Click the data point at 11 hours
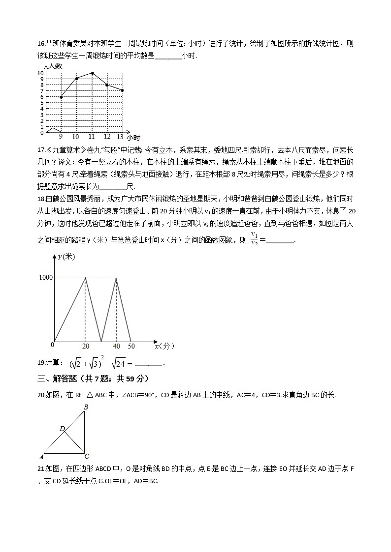coord(92,73)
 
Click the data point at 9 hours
coord(61,97)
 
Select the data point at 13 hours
coord(122,90)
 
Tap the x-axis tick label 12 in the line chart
coord(107,137)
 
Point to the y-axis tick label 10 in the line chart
coord(40,73)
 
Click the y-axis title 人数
coord(55,66)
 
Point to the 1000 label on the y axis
coord(46,278)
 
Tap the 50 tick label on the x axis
coord(130,346)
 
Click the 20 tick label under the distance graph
coord(86,346)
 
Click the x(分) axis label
coord(164,346)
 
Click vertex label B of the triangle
coord(86,407)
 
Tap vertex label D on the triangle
coord(62,429)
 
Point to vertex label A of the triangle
coord(41,457)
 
